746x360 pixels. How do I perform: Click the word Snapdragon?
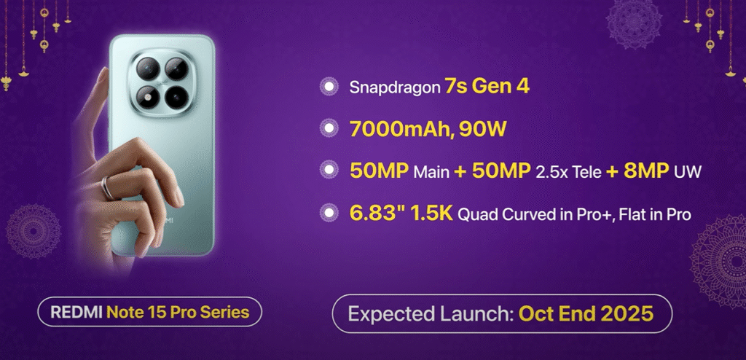[x=394, y=87]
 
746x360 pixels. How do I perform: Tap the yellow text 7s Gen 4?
[x=487, y=87]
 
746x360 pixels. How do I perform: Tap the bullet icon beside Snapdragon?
[x=329, y=87]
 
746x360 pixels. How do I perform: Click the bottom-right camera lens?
[x=177, y=98]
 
